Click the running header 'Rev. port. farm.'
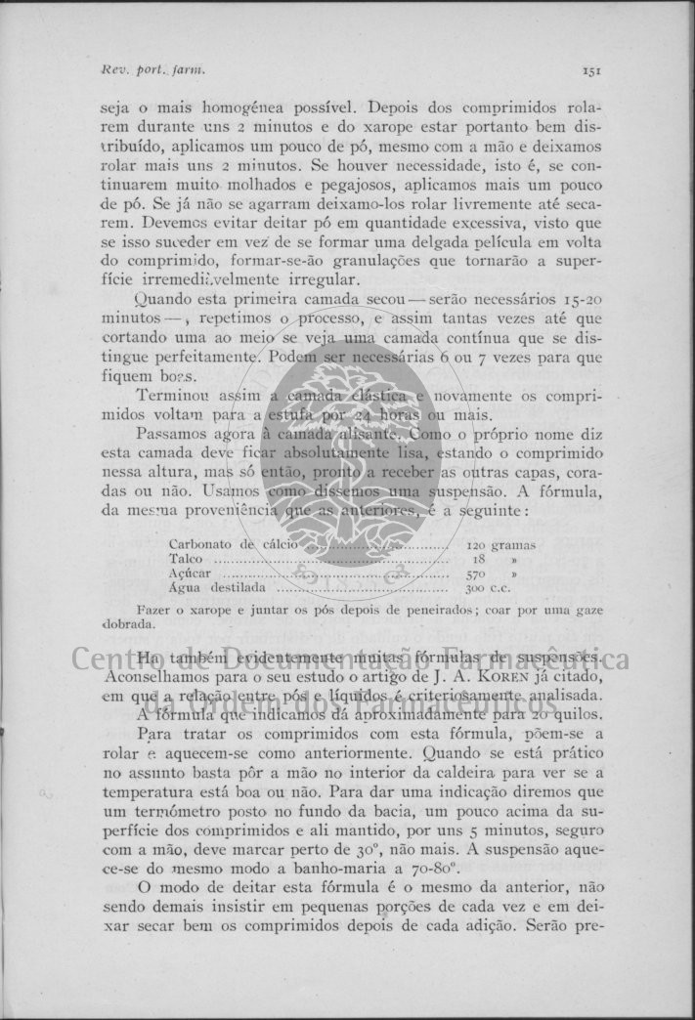coord(153,70)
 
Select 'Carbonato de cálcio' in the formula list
coord(224,544)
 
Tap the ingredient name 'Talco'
coord(186,560)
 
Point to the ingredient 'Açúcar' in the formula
coord(190,574)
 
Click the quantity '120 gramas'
coord(500,544)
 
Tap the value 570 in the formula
coord(476,574)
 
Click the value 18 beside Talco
coord(479,560)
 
